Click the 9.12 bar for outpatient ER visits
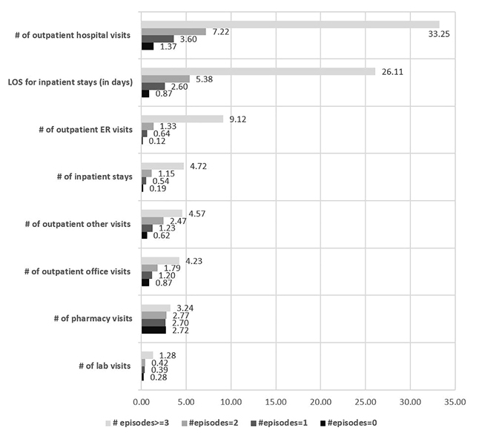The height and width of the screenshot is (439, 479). tap(182, 119)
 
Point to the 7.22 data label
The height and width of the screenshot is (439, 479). tap(221, 33)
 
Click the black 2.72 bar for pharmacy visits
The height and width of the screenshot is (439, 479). tap(153, 330)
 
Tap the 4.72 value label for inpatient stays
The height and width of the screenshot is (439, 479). tap(198, 166)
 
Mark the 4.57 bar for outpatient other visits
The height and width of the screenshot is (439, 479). tap(162, 213)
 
